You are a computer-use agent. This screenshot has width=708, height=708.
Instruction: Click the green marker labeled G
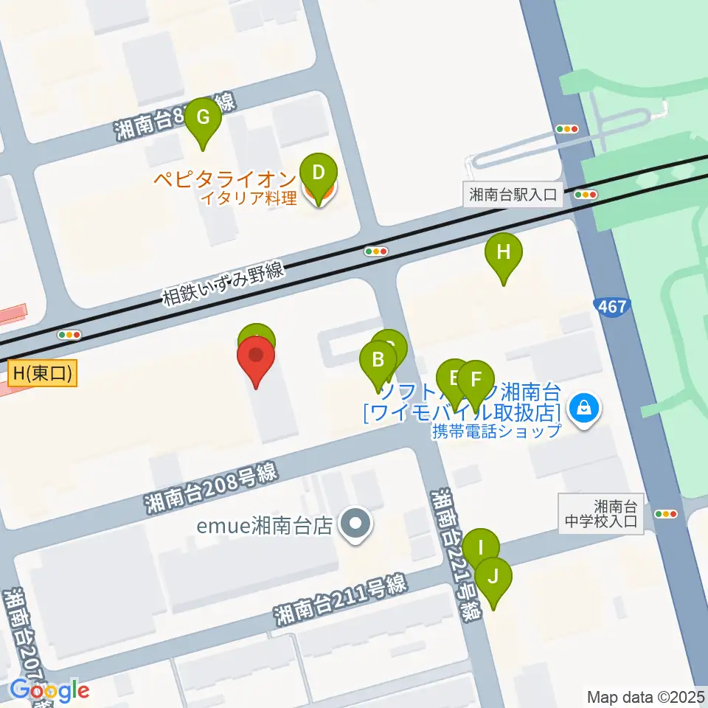(x=202, y=118)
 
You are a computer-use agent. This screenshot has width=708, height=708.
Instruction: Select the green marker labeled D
(x=319, y=174)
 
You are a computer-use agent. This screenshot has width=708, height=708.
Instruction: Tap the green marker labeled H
(x=504, y=254)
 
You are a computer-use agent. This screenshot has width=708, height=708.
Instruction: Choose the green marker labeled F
(x=476, y=381)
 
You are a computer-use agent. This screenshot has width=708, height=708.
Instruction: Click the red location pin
(x=256, y=357)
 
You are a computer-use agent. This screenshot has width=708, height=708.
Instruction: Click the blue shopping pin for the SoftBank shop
(x=584, y=406)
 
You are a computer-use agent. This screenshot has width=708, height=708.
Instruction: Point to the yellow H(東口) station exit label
(x=43, y=374)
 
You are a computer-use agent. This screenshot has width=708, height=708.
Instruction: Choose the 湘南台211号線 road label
(x=339, y=600)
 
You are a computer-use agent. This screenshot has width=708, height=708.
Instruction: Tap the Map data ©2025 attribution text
(x=646, y=696)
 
